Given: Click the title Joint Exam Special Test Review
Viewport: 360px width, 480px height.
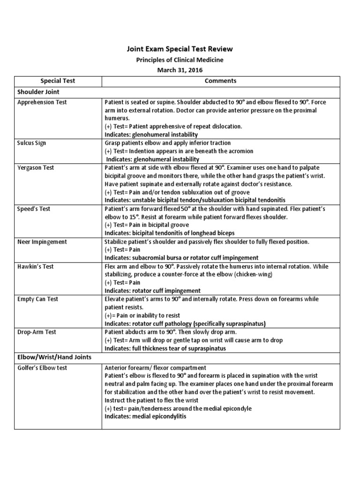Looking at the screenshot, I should (180, 49).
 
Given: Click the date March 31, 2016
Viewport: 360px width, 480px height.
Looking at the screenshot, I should (180, 70).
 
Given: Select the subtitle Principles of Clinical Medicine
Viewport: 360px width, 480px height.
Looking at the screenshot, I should (180, 60).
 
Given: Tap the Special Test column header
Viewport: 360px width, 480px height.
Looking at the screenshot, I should (58, 81).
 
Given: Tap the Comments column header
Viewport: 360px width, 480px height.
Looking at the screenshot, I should (221, 81).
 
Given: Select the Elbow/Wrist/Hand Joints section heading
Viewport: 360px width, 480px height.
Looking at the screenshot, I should (54, 357).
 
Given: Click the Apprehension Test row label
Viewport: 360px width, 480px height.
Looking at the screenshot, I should (42, 102).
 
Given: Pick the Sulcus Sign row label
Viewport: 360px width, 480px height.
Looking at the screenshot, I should (31, 143).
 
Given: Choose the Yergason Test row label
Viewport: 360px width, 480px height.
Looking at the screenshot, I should (36, 167).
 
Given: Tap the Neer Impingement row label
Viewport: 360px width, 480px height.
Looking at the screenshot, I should (42, 242).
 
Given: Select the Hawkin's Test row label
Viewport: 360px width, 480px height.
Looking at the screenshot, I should (36, 266).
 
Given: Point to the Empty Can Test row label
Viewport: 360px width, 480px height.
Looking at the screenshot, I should (37, 299).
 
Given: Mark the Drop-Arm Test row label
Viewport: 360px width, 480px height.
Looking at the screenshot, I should (37, 332).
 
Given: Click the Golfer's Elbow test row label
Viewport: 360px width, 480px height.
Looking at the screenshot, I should (42, 368).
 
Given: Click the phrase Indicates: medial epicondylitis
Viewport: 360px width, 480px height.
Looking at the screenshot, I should (146, 417).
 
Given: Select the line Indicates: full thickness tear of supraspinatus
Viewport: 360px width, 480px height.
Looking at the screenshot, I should (165, 348).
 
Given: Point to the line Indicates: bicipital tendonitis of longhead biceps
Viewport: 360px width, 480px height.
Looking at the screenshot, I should (170, 233).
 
